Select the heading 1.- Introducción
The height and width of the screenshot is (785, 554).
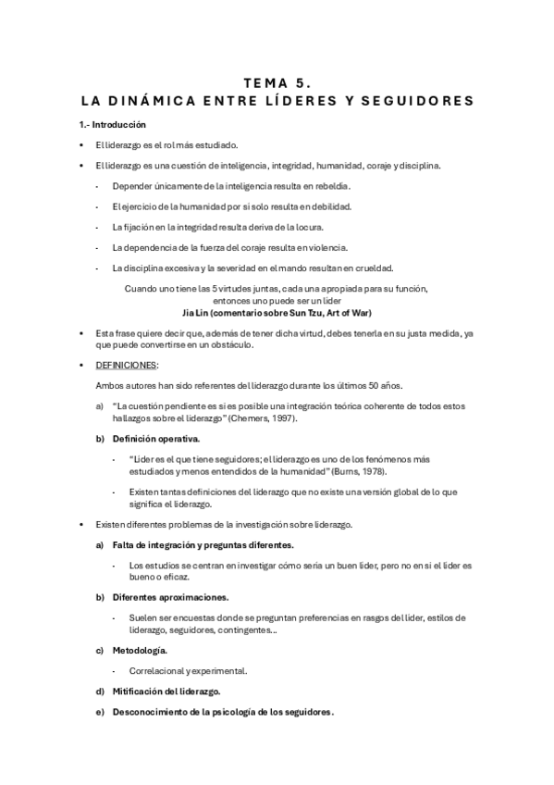pos(112,125)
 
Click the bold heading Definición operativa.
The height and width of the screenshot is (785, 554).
pos(155,439)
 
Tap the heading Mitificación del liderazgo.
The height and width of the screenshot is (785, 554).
pos(166,692)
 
